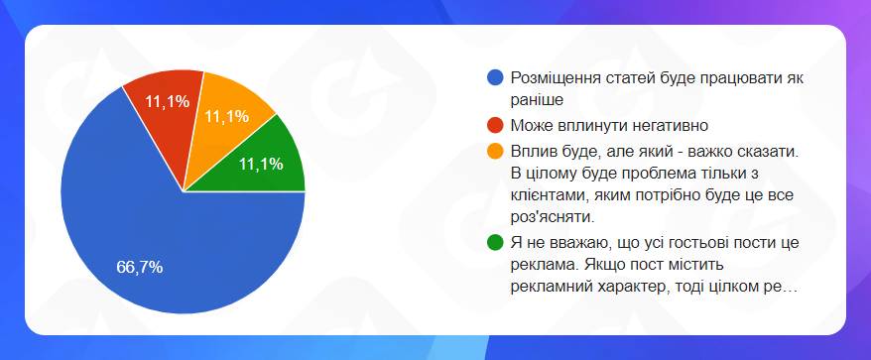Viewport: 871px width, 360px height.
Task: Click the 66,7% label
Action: point(140,267)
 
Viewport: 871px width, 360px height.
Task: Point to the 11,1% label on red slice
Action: point(168,102)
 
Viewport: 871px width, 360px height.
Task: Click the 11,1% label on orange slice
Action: point(226,117)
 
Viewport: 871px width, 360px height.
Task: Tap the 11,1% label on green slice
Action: point(261,164)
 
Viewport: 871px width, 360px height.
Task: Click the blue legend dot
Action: point(494,77)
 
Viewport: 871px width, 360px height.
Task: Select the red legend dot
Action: point(494,126)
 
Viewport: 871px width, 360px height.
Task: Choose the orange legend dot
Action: point(494,151)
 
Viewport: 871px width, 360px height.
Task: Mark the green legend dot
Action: point(494,243)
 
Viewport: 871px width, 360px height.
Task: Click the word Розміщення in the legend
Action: point(549,79)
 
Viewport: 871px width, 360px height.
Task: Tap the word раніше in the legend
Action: point(537,100)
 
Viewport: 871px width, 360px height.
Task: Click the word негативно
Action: point(671,126)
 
